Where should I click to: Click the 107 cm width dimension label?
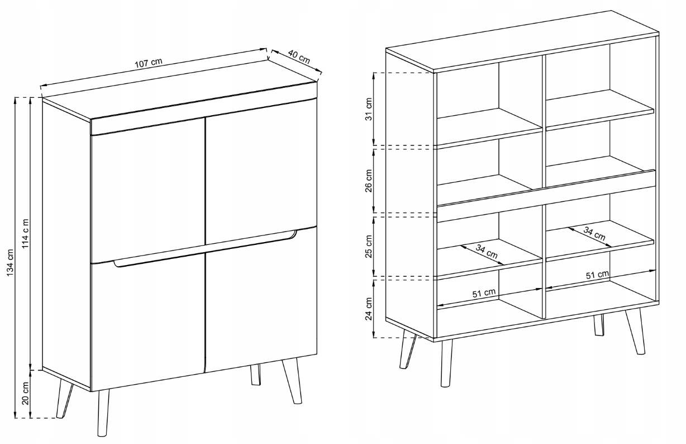click(148, 63)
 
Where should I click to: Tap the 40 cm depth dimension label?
click(299, 58)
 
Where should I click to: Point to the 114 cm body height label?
click(26, 234)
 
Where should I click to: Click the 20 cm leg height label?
click(26, 394)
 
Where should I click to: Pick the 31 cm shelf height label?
click(369, 109)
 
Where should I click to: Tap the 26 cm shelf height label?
click(369, 181)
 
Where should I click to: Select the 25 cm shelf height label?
click(369, 247)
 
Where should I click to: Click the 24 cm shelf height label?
click(369, 309)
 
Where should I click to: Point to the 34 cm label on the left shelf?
click(487, 252)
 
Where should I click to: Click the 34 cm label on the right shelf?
click(594, 233)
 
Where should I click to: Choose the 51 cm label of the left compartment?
click(484, 293)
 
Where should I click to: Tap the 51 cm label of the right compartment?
click(598, 275)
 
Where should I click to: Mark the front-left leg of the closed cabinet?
click(103, 413)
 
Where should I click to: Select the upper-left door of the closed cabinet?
click(148, 190)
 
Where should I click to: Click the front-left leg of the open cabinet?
click(446, 363)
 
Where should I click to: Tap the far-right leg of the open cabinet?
click(635, 332)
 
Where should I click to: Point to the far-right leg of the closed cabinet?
click(292, 380)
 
